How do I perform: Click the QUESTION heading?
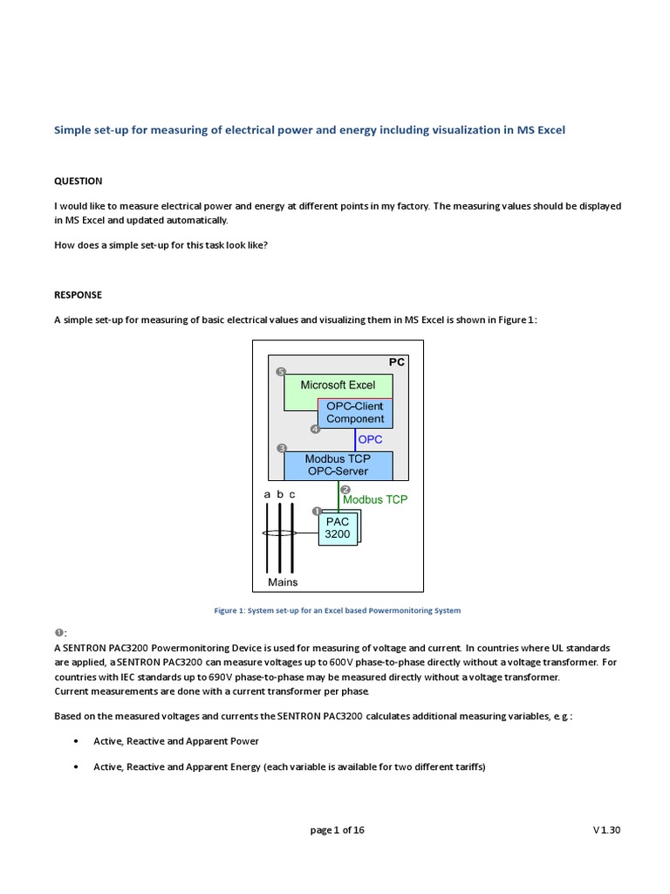79,181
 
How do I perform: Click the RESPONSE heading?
79,295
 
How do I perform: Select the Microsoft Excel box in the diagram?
338,385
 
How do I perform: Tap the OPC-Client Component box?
355,413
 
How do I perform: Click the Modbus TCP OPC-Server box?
337,465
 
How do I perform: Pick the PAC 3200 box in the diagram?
337,528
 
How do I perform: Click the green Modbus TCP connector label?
374,500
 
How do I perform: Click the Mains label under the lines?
283,582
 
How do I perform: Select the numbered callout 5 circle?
281,372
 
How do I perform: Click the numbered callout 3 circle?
281,449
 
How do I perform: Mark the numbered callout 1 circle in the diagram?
316,510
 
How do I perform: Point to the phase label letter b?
280,495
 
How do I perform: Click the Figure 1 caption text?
337,610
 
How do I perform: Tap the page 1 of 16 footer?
337,830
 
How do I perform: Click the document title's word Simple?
72,130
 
